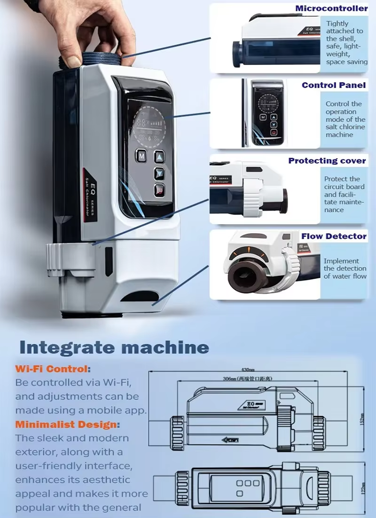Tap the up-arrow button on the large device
coord(160,156)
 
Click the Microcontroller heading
coord(331,8)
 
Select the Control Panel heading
coord(333,85)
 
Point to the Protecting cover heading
coord(327,161)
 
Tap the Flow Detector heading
coord(334,236)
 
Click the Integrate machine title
coord(114,348)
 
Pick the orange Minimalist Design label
coord(67,424)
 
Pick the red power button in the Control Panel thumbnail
coord(274,133)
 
